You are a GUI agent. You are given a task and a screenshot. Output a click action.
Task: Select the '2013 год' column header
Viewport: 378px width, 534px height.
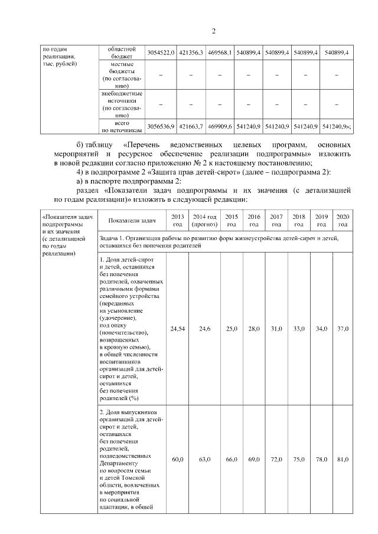coord(177,221)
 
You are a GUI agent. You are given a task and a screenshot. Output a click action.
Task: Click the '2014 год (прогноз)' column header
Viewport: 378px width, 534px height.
coord(204,221)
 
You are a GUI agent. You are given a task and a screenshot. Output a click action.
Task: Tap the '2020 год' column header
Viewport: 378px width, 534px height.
coord(343,221)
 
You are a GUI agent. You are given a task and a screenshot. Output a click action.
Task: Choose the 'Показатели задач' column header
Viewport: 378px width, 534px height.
coord(132,221)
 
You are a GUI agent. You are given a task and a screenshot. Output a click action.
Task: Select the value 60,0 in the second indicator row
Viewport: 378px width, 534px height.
coord(177,459)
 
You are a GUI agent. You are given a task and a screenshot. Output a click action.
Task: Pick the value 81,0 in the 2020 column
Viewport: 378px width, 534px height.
coord(343,459)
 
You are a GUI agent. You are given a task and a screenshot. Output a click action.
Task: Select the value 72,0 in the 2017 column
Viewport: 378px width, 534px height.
coord(276,459)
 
